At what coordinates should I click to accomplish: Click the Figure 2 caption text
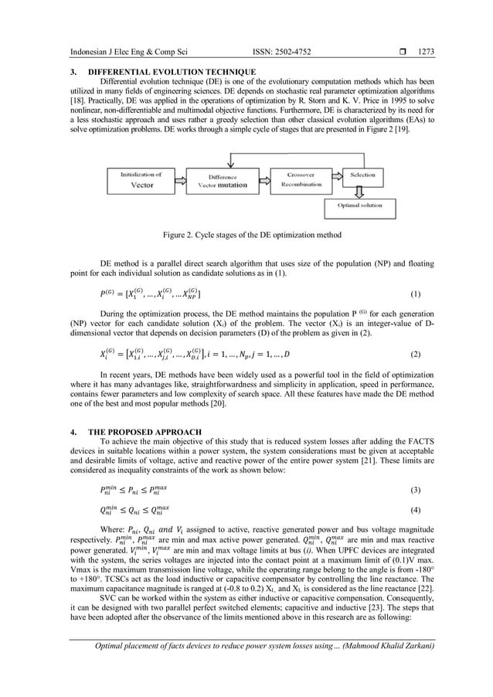246,234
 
